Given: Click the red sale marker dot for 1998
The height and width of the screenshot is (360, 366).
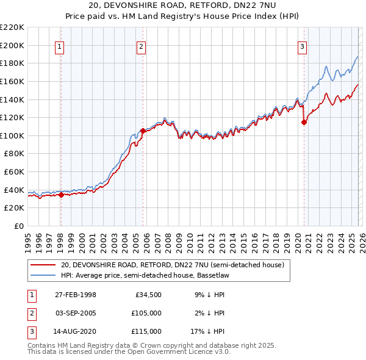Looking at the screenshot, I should pos(61,195).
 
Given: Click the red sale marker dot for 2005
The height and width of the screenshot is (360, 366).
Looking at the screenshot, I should pos(143,131).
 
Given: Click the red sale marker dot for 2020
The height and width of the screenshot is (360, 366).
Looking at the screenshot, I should pos(304,122).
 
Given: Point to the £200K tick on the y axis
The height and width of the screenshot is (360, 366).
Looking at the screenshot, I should pos(12,45).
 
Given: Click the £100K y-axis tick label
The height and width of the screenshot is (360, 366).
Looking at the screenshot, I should pos(12,135).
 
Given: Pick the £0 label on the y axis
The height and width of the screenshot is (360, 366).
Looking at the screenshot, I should pos(18,226).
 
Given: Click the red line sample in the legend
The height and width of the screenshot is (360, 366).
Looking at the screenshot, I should pos(43,265).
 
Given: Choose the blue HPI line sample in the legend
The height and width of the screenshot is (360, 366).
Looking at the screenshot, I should pos(43,276).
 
